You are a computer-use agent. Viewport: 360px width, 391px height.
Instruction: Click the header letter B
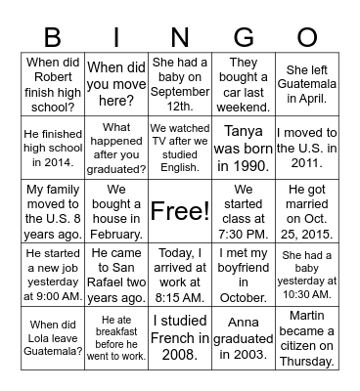pos(54,37)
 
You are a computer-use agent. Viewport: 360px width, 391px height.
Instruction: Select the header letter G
pos(244,37)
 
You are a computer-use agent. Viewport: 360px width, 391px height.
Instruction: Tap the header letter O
pos(307,37)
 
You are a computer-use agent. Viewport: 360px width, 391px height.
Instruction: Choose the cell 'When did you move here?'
pos(117,84)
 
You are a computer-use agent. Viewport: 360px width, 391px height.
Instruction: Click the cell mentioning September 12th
pos(180,84)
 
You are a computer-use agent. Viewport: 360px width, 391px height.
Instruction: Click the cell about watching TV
pos(180,147)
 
